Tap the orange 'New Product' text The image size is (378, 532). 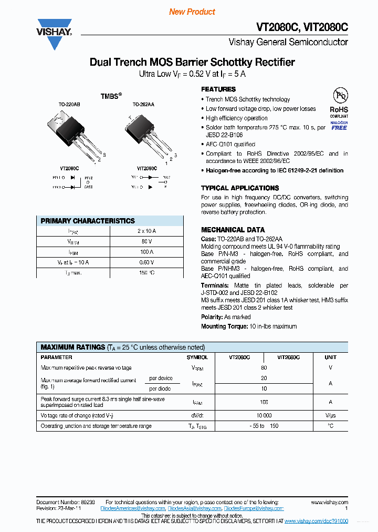192,12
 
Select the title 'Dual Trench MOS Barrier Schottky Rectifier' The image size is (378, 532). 192,62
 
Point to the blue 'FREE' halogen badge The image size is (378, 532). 339,128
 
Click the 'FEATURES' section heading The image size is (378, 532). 218,89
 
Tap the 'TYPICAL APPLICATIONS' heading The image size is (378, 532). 240,188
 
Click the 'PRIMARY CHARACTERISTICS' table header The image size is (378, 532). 88,221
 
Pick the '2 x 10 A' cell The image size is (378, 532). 146,231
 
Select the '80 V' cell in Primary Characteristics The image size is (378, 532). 146,241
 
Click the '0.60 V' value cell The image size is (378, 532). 146,262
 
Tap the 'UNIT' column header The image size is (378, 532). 331,357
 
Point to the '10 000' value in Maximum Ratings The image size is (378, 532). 264,415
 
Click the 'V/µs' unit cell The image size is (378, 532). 331,415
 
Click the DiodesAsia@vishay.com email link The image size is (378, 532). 195,509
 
